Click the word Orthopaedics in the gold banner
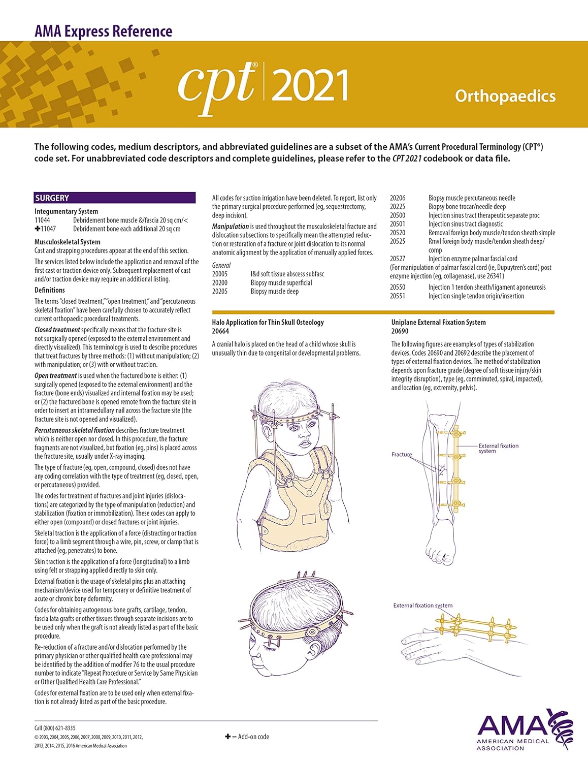505,96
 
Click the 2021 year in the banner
310,85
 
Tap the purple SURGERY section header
114,198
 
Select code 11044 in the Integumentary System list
42,220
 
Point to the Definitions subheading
50,290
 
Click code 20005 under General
220,274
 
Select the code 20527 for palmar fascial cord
398,259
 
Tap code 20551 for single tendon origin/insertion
398,296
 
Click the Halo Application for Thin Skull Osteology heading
268,322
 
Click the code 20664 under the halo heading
220,331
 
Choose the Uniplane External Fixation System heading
438,322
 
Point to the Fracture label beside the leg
402,454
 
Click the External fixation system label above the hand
422,605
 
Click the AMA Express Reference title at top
104,31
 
